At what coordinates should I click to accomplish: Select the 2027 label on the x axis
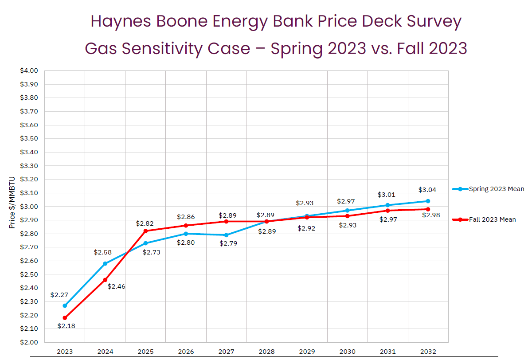[226, 352]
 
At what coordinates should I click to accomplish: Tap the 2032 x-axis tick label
[428, 352]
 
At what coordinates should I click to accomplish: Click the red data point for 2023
[65, 318]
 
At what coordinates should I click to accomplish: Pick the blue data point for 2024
[105, 263]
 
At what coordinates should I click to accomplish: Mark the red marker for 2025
[145, 231]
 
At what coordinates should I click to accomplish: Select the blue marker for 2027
[226, 235]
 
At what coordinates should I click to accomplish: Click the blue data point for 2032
[428, 201]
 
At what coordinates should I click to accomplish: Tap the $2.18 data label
[66, 326]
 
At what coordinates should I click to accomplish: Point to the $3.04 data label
[427, 190]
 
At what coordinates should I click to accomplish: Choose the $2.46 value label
[116, 287]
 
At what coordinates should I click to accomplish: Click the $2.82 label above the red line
[145, 223]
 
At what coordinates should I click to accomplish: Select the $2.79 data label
[228, 243]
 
